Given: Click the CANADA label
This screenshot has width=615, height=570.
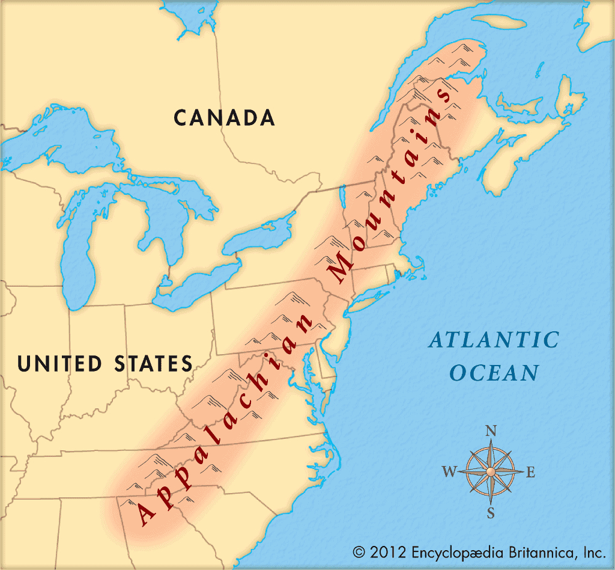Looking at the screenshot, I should pos(225,117).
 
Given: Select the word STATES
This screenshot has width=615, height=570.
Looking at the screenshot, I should pos(153,363).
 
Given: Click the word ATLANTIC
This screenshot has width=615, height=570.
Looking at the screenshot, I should pos(494,340).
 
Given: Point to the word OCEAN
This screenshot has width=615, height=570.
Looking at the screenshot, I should pos(494,373).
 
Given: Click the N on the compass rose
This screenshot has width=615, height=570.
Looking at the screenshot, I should pos(491,431).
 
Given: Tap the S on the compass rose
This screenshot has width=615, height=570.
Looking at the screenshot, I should pos(491,513).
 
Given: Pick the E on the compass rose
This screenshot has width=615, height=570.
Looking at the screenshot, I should pos(530,473).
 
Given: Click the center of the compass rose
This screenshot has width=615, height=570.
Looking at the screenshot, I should pos(491,471).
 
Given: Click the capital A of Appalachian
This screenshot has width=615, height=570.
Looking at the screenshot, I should pos(145,513).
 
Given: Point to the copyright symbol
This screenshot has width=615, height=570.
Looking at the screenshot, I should pos(359,551).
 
